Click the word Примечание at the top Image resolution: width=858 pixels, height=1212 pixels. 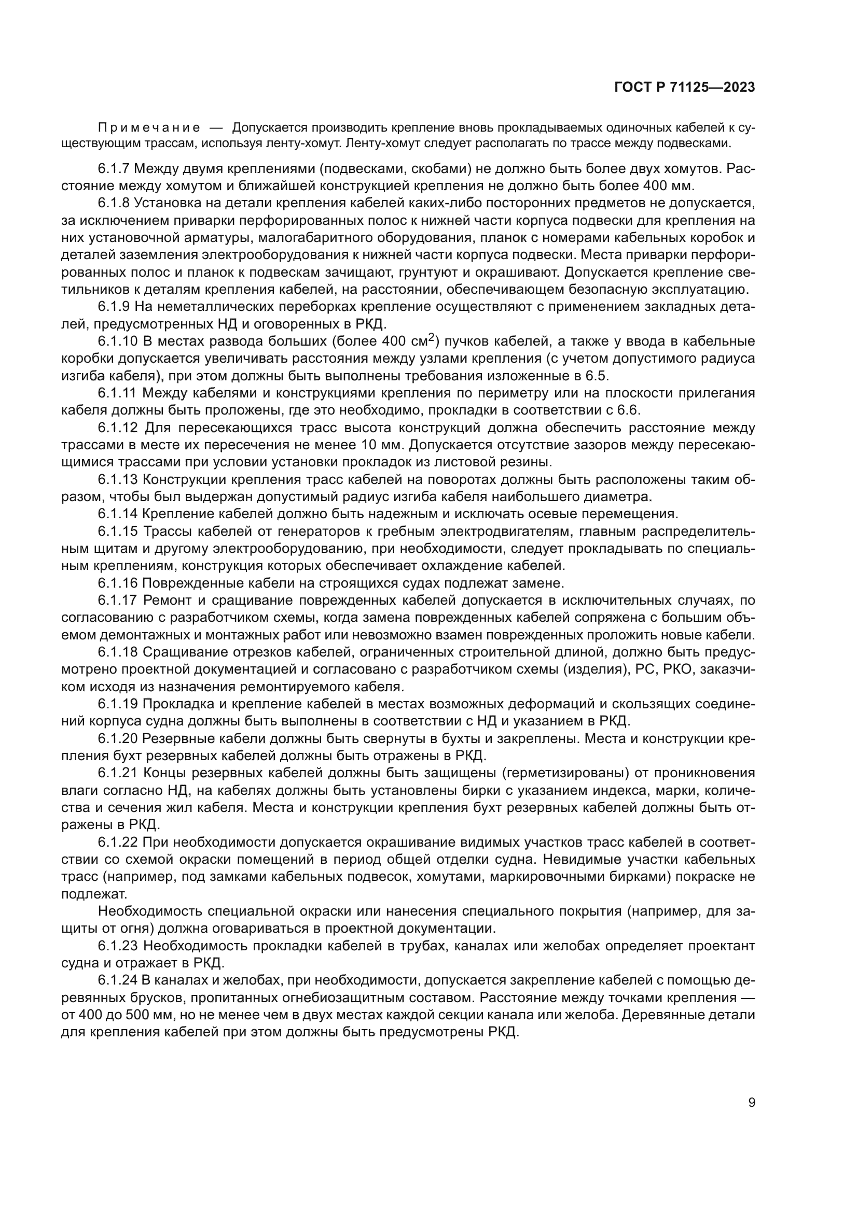click(x=149, y=129)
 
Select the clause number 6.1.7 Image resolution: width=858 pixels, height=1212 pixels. click(x=114, y=169)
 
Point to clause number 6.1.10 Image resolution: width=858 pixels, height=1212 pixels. click(x=117, y=341)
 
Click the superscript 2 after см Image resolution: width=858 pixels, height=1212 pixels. click(x=431, y=338)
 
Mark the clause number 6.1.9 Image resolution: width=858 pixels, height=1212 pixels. click(x=114, y=307)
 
